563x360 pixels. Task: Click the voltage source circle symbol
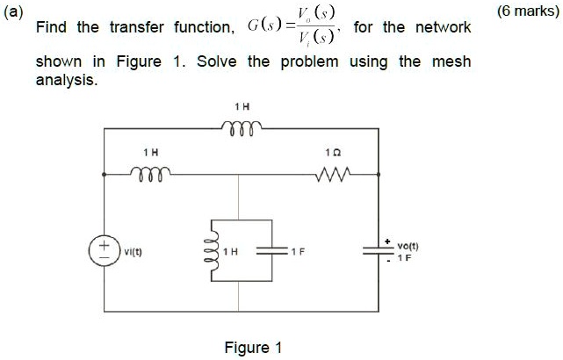pyautogui.click(x=105, y=248)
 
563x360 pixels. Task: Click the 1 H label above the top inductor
pyautogui.click(x=242, y=105)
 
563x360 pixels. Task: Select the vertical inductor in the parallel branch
pyautogui.click(x=210, y=249)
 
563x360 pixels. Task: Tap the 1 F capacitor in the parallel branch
pyautogui.click(x=271, y=250)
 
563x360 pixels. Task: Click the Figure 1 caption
pyautogui.click(x=253, y=348)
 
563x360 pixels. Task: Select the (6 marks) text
pyautogui.click(x=526, y=11)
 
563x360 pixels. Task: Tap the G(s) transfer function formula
pyautogui.click(x=290, y=27)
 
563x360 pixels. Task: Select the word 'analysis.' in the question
pyautogui.click(x=66, y=79)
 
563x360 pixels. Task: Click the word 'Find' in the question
pyautogui.click(x=51, y=27)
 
